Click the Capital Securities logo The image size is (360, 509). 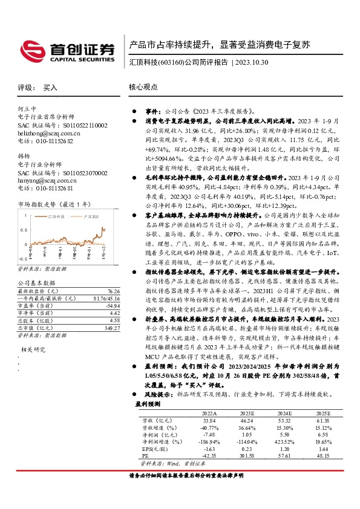(68, 50)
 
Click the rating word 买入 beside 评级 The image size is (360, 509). (50, 87)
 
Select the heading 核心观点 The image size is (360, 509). (143, 87)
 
